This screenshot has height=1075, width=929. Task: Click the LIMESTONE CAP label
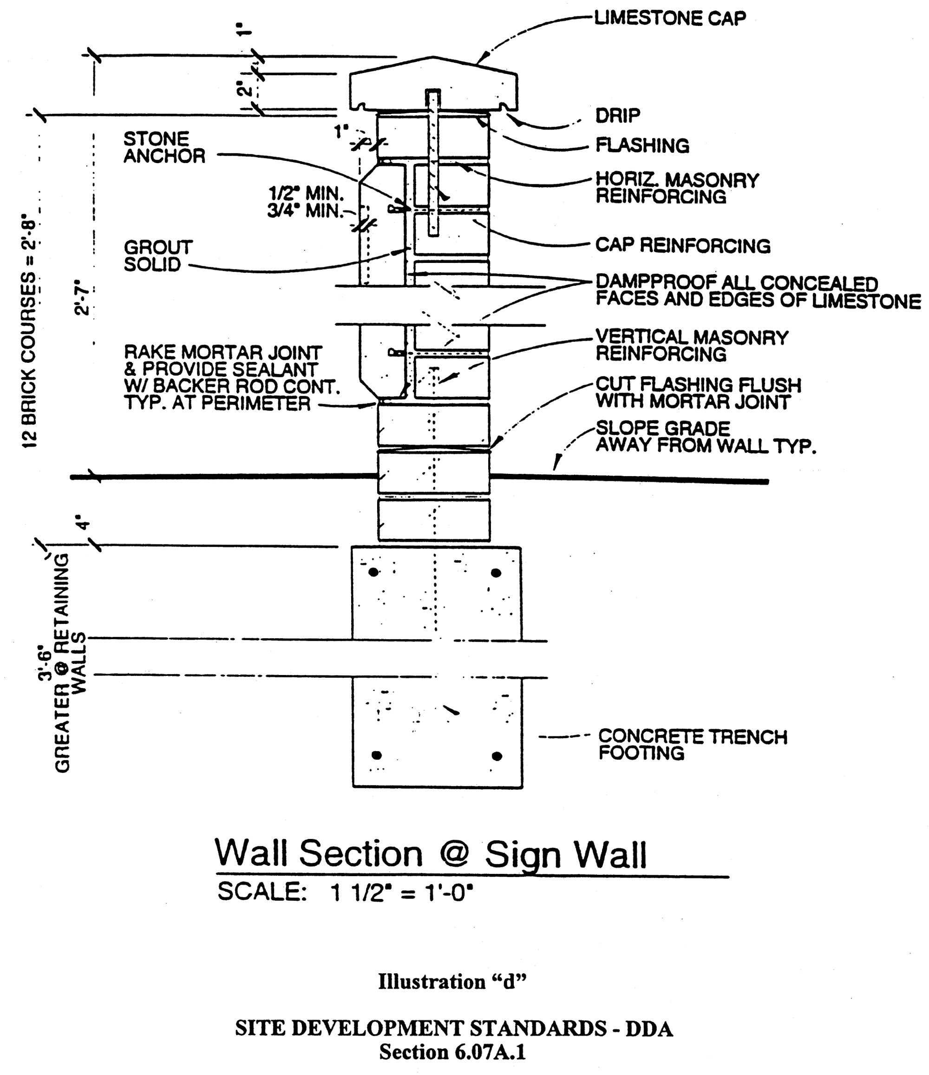[x=670, y=18]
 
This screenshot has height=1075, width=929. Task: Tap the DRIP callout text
[x=617, y=115]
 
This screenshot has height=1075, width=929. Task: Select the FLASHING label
[x=642, y=145]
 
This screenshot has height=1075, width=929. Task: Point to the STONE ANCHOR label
[x=164, y=147]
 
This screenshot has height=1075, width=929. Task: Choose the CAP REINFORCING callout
[x=683, y=245]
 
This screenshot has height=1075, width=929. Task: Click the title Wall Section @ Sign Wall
[x=431, y=853]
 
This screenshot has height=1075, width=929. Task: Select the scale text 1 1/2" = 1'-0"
[x=401, y=892]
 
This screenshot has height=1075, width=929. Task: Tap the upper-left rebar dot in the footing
[x=373, y=572]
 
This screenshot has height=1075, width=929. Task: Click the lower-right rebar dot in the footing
[x=497, y=756]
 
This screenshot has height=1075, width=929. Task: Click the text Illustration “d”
[x=452, y=982]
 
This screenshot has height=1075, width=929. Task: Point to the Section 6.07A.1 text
[x=452, y=1052]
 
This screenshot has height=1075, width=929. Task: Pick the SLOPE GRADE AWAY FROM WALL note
[x=706, y=436]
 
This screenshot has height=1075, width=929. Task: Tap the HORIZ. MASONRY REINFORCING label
[x=676, y=188]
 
